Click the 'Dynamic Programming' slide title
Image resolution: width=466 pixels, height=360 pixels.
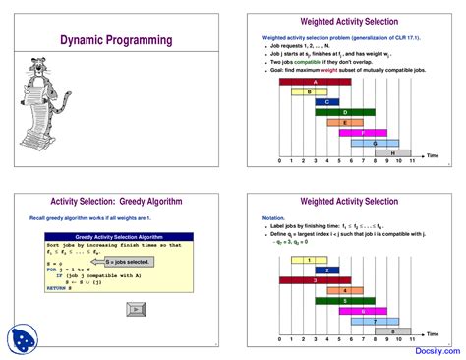(115, 40)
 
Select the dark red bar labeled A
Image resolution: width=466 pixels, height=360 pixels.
(315, 81)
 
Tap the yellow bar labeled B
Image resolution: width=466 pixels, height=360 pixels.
(310, 91)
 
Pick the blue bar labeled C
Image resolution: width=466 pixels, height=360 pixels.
(327, 101)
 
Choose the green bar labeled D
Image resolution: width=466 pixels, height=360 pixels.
(345, 112)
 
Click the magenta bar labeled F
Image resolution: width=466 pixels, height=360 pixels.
(369, 133)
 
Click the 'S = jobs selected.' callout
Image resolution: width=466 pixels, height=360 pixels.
(128, 263)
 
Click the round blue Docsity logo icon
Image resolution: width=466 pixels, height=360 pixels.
(21, 338)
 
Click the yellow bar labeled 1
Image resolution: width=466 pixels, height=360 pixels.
(310, 260)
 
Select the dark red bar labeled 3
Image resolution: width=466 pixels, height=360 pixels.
(315, 280)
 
